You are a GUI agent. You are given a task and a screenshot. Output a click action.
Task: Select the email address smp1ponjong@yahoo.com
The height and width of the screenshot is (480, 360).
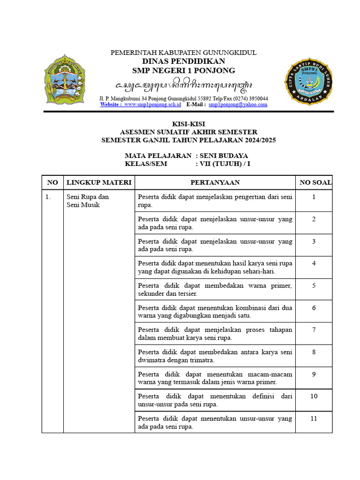(238, 105)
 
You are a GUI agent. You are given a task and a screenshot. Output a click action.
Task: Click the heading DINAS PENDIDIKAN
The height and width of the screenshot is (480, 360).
(183, 61)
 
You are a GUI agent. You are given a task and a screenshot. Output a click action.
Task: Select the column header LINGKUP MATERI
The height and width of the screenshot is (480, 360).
(99, 182)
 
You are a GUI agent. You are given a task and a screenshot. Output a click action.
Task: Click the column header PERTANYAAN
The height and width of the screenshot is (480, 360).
(215, 182)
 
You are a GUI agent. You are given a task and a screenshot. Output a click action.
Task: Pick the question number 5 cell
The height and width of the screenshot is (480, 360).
(314, 285)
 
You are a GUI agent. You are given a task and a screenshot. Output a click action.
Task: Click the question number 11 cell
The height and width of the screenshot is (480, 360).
(314, 419)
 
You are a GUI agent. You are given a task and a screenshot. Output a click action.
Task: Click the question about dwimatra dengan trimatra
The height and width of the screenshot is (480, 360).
(215, 356)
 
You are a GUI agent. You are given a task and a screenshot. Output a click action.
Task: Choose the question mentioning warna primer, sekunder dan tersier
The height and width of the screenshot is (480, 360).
(215, 289)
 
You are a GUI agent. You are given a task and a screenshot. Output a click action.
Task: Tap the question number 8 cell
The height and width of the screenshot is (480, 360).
(314, 352)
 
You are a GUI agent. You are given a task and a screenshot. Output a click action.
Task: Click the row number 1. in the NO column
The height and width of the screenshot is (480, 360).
(48, 197)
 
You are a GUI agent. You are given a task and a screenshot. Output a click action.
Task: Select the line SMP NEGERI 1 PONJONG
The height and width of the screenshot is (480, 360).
(183, 71)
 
